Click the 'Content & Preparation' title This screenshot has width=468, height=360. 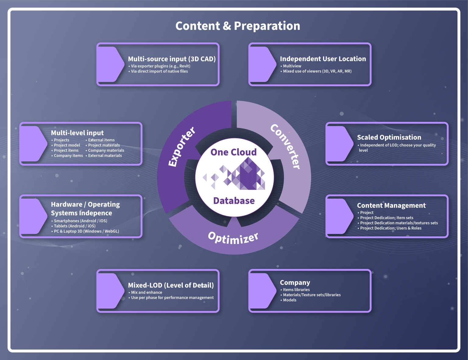(x=238, y=26)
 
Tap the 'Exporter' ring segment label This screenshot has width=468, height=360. (x=182, y=147)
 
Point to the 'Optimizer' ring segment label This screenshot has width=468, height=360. (x=233, y=238)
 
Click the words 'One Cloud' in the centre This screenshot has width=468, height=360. (x=234, y=152)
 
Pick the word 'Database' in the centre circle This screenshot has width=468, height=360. (x=234, y=201)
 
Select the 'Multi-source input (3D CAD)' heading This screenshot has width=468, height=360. (x=172, y=59)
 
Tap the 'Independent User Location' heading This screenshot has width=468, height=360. (x=323, y=59)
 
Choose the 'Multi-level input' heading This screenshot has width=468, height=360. (x=77, y=133)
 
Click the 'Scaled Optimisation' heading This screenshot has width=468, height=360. (x=389, y=137)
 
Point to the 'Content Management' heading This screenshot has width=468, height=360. (x=391, y=206)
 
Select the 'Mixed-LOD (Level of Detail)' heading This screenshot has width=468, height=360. (x=171, y=285)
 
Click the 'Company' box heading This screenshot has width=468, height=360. (x=295, y=283)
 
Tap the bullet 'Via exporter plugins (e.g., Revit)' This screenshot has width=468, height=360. (x=159, y=66)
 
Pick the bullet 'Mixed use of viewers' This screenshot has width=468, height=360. (x=316, y=71)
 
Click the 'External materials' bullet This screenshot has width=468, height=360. (x=104, y=156)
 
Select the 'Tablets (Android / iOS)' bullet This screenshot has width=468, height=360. (x=73, y=226)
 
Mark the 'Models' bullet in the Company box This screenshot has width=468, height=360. (x=288, y=300)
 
